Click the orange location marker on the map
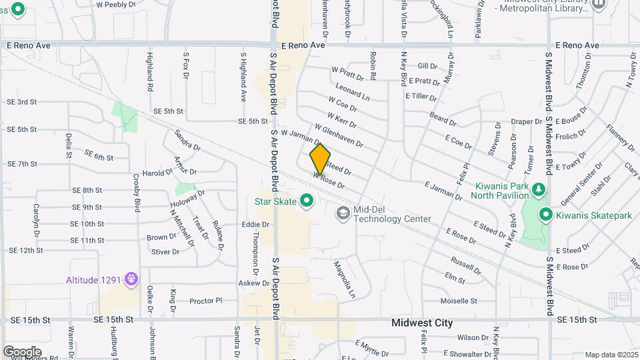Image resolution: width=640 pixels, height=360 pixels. (x=320, y=159)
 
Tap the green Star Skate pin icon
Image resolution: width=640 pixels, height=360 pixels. (x=307, y=200)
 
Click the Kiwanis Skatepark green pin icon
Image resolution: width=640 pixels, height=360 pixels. (x=546, y=214)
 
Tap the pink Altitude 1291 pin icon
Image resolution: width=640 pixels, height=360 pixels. (x=131, y=277)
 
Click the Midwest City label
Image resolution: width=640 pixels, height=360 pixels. (x=422, y=323)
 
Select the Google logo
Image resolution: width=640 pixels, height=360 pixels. (x=21, y=351)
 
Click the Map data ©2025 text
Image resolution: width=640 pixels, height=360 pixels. (x=611, y=355)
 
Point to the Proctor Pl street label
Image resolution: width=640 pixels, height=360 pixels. (x=205, y=301)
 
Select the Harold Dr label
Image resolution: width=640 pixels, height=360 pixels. (x=157, y=173)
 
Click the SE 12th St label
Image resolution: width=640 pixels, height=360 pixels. (x=26, y=251)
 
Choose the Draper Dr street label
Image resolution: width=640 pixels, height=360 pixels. (x=527, y=122)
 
